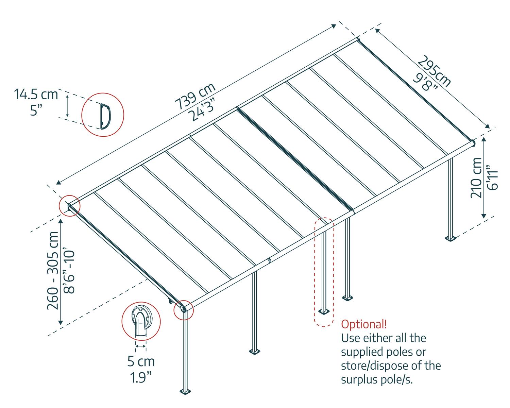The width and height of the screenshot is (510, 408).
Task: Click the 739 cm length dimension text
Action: coord(195,96)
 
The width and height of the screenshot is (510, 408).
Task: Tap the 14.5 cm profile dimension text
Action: coord(36,94)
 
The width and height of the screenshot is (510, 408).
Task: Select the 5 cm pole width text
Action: coord(141,361)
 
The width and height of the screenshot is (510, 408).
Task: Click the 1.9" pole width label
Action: coord(139,377)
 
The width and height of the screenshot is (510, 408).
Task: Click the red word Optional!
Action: coord(364,324)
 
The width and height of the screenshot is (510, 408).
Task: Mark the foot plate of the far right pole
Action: coord(451,238)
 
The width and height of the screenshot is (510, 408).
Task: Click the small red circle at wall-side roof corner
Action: coord(69,205)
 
